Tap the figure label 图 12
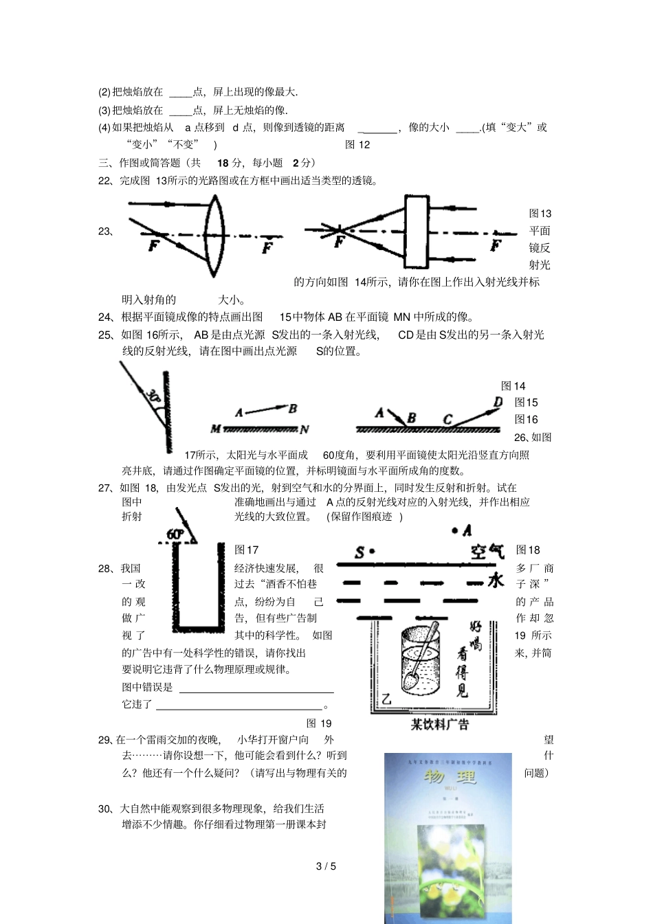coord(357,144)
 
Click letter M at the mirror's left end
coord(215,429)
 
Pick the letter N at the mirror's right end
coord(304,429)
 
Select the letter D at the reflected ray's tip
coord(498,402)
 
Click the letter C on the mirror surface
coord(447,419)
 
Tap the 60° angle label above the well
coord(175,534)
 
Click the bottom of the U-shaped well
coord(199,627)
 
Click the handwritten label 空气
coord(487,551)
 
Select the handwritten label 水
coord(496,581)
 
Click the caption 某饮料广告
coord(440,724)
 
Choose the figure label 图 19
coord(319,723)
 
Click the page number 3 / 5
coord(326,866)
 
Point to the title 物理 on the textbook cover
coord(450,777)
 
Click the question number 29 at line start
coord(104,740)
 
